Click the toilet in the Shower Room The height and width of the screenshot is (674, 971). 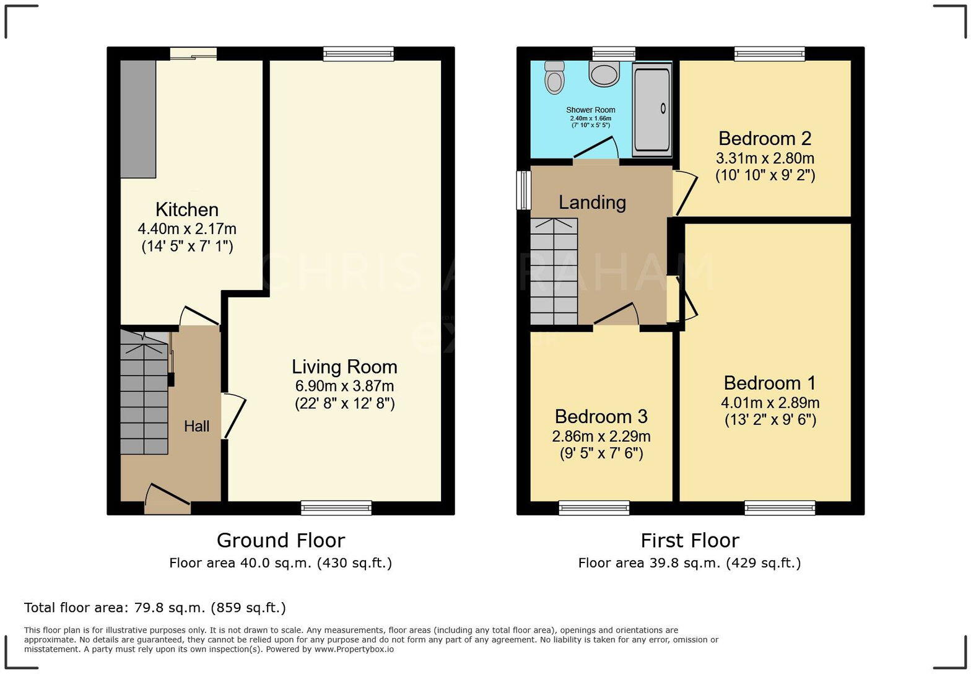[554, 77]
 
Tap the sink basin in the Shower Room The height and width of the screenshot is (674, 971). [604, 74]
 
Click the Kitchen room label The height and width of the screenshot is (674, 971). [186, 209]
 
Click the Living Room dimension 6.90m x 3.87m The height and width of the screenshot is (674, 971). [344, 386]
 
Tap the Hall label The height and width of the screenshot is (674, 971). [197, 426]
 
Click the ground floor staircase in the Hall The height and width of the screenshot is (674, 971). [144, 393]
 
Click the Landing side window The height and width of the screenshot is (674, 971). [524, 190]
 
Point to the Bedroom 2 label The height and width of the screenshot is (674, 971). [765, 138]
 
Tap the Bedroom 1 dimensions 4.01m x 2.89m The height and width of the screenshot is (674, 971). [770, 403]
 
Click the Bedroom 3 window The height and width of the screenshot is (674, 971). [594, 508]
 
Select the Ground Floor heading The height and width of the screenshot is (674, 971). [281, 540]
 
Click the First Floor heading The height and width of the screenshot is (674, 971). [689, 540]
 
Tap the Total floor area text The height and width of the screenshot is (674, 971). [155, 608]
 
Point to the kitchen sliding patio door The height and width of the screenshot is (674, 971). [193, 55]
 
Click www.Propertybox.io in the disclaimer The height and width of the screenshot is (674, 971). [354, 650]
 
